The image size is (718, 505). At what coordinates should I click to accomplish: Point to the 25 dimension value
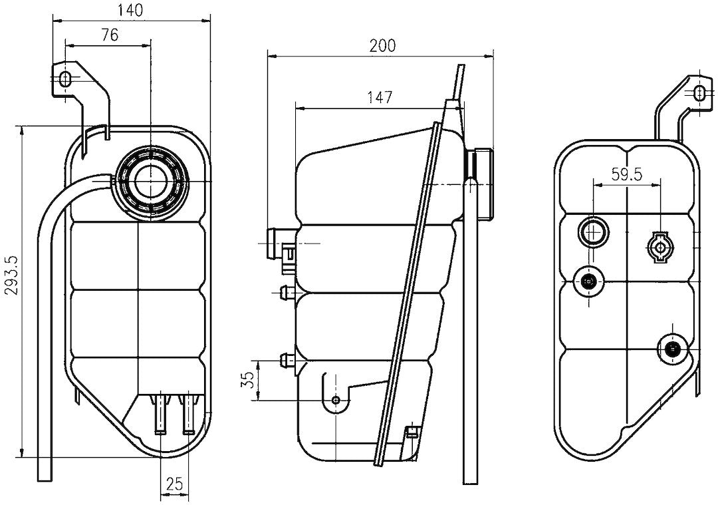[x=174, y=484]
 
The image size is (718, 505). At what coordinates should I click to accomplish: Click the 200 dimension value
[x=382, y=45]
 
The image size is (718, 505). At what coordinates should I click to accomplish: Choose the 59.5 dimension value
[x=626, y=174]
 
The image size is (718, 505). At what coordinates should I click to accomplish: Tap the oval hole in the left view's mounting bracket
[x=65, y=79]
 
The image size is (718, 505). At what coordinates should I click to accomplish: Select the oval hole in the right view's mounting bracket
[x=699, y=92]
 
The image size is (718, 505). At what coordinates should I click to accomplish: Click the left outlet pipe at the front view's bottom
[x=160, y=413]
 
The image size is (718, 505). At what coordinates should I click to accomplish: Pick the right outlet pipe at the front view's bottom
[x=189, y=413]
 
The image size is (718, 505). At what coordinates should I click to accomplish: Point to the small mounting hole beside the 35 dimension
[x=336, y=400]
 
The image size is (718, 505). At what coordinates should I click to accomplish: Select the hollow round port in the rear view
[x=592, y=232]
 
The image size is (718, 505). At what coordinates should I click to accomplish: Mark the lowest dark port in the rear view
[x=673, y=348]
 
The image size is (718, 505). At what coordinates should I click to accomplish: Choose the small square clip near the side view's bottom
[x=412, y=431]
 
